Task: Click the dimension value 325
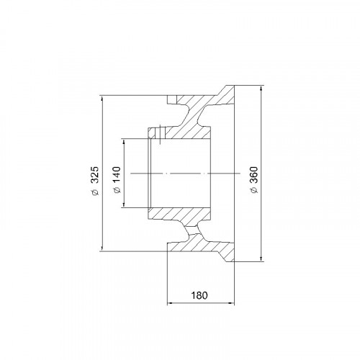[95, 175]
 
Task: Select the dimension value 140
[117, 175]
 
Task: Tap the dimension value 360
[254, 175]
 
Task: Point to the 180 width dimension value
[199, 295]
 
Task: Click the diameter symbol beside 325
[96, 192]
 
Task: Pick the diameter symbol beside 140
[117, 190]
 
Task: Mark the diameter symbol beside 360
[254, 190]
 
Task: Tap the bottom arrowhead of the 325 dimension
[102, 248]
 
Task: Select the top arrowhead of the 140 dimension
[124, 142]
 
